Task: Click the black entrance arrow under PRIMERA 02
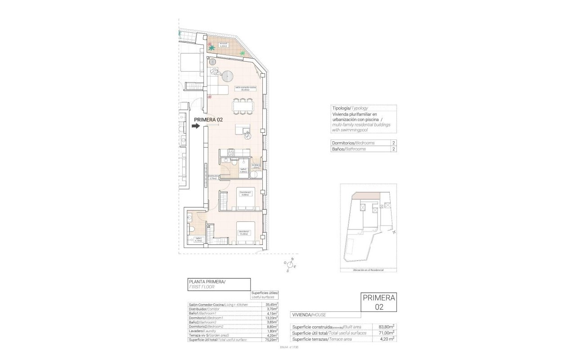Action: [195, 126]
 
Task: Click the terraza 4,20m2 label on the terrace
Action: [224, 45]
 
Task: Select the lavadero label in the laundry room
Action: [256, 166]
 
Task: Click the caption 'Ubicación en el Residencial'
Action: [368, 270]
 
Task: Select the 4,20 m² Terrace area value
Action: [387, 339]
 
